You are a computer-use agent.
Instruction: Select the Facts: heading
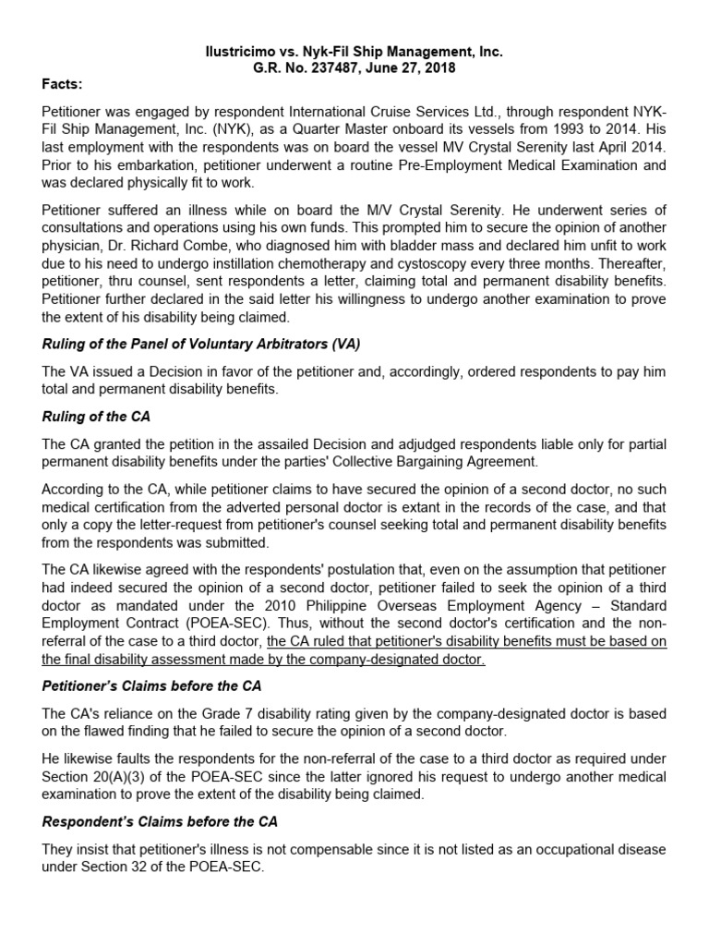[x=62, y=85]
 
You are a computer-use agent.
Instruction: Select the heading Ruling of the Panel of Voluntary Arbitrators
[x=201, y=344]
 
